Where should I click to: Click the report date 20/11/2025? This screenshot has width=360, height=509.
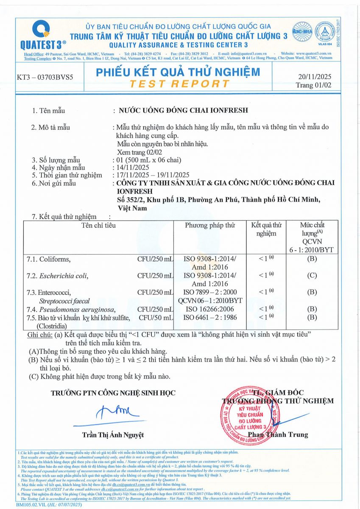point(315,77)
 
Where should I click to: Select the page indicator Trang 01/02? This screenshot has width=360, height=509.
point(314,85)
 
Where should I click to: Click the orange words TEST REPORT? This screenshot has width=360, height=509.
point(180,84)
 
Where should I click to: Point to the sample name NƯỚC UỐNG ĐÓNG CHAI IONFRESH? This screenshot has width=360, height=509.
point(183,111)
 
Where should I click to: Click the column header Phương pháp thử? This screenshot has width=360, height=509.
point(209,225)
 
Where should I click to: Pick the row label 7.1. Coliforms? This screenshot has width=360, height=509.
point(49,259)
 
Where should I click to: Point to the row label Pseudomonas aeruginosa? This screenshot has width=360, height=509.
point(77,309)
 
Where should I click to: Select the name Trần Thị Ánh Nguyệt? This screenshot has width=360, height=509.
point(113,435)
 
